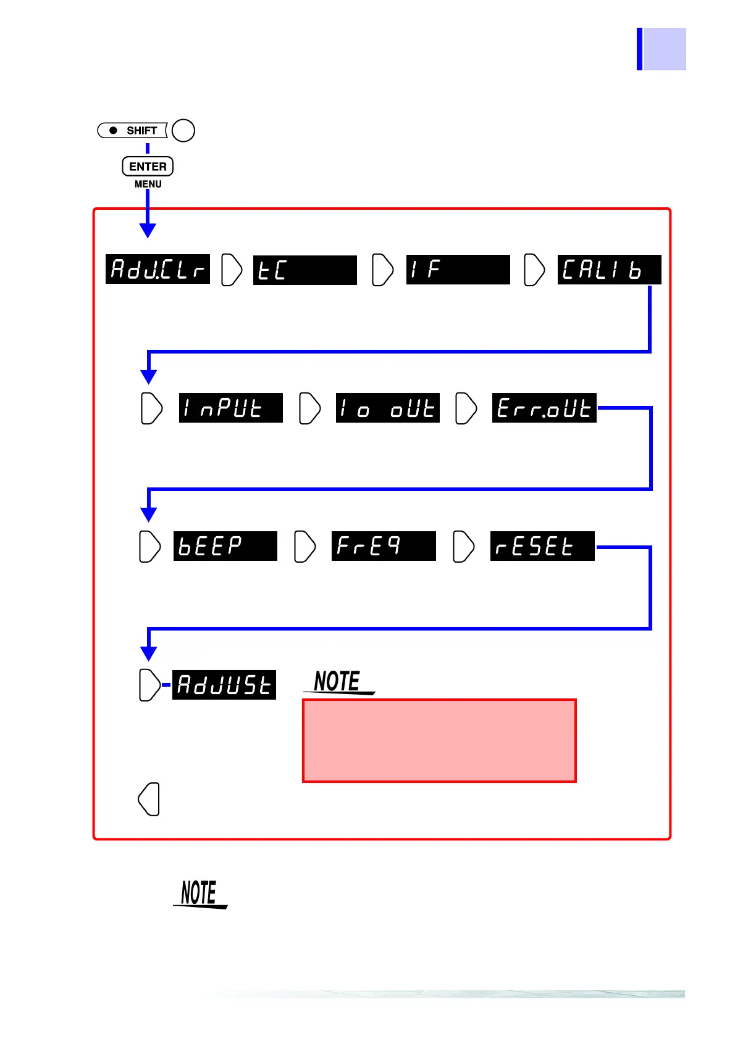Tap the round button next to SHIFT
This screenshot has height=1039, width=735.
click(x=183, y=131)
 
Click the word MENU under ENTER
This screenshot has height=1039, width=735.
click(x=148, y=184)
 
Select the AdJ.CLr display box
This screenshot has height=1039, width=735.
click(x=157, y=270)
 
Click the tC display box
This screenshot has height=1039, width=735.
click(x=305, y=270)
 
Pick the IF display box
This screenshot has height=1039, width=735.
click(x=458, y=270)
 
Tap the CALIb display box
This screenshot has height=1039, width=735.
click(x=609, y=270)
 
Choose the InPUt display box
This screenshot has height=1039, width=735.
click(x=230, y=408)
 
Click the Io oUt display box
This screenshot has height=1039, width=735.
click(x=387, y=408)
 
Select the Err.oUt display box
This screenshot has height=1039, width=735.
click(x=544, y=408)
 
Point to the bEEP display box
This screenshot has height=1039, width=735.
click(x=225, y=546)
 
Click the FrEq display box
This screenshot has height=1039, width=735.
click(x=384, y=546)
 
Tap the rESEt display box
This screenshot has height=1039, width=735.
click(x=542, y=546)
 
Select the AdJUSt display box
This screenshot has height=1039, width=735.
click(x=224, y=685)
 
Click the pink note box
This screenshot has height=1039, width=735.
click(x=439, y=740)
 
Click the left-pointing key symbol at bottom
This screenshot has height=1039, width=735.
click(x=149, y=799)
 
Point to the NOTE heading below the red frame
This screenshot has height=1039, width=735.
click(x=199, y=893)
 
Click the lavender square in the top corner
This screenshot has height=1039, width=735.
click(x=664, y=49)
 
